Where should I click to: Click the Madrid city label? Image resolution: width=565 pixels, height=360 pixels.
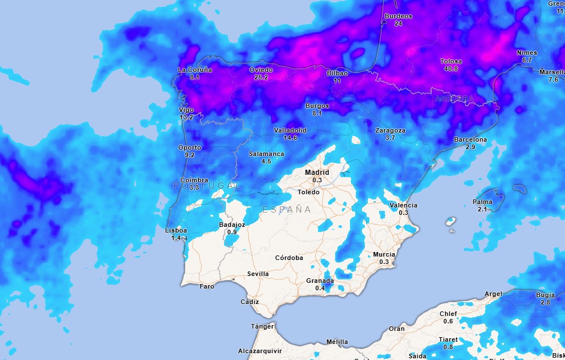[x=317, y=172]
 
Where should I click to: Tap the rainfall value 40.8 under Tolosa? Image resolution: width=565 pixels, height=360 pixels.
[x=451, y=69]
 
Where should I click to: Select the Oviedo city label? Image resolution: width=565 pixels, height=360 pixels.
[x=261, y=70]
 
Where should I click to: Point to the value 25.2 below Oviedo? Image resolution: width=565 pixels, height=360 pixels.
[x=261, y=77]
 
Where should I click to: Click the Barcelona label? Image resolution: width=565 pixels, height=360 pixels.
[x=471, y=139]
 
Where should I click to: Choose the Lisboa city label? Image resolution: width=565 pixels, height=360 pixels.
[x=176, y=230]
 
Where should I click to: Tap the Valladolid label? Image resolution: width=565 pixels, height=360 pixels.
[x=290, y=130]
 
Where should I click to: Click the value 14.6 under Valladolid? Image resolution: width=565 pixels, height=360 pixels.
[x=290, y=138]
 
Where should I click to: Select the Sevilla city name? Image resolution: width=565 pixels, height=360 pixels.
[x=258, y=274]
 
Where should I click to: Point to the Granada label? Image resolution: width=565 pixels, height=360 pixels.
[x=320, y=281]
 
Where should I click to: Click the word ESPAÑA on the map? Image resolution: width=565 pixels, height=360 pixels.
[x=287, y=210]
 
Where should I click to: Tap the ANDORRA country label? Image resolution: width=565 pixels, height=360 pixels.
[x=455, y=99]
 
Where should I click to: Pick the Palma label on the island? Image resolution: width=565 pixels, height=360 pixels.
[x=482, y=202]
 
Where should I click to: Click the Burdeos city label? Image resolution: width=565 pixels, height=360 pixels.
[x=399, y=16]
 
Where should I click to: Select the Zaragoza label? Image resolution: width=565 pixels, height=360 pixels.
[x=390, y=130]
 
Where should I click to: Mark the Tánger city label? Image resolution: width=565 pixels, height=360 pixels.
[x=262, y=326]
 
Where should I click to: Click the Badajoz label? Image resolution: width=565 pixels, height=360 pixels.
[x=232, y=225]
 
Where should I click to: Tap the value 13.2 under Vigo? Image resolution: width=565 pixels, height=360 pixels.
[x=186, y=117]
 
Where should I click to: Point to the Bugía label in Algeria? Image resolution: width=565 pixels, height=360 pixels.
[x=545, y=295]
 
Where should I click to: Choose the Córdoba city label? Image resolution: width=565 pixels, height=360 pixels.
[x=289, y=258]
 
